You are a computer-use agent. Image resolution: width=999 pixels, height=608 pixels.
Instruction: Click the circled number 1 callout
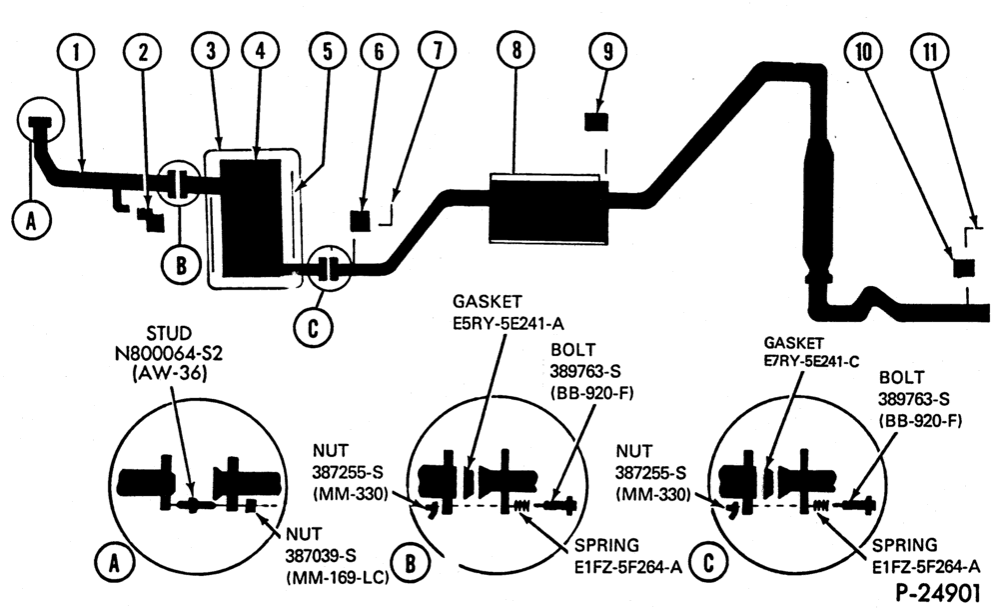[77, 52]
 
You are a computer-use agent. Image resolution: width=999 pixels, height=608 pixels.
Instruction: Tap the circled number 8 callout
[516, 50]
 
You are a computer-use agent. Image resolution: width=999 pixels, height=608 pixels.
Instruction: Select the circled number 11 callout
[930, 52]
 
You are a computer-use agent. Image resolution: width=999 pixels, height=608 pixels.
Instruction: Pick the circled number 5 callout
[328, 52]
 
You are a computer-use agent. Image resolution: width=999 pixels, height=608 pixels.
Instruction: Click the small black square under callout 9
[596, 122]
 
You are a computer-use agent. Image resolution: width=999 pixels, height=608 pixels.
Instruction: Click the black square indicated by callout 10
[964, 268]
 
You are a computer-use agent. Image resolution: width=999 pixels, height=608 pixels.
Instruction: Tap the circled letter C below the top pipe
[313, 328]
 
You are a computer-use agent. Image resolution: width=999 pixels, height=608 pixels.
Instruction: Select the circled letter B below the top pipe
[181, 265]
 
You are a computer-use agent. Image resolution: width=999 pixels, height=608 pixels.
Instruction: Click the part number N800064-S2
[169, 353]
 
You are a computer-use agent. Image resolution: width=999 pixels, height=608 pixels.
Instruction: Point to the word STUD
[169, 333]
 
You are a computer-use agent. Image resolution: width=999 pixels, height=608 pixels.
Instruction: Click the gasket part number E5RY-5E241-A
[508, 323]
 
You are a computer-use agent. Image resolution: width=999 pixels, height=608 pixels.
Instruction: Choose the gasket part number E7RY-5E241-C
[811, 361]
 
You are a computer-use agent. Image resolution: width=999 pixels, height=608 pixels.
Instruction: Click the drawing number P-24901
[938, 593]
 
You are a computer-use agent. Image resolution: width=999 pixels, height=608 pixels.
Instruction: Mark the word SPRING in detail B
[606, 545]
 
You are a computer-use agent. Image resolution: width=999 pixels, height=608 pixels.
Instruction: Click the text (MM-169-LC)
[338, 577]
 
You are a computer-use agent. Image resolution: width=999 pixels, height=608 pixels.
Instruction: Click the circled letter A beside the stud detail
[114, 563]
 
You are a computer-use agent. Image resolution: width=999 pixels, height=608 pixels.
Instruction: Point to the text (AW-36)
[170, 373]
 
